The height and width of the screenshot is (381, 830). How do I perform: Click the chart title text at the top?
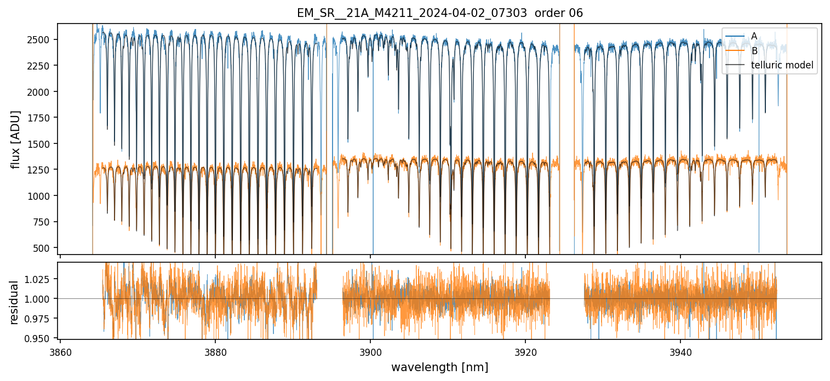(439, 13)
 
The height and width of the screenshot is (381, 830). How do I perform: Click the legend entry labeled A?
(754, 36)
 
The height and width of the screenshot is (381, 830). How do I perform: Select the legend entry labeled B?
(754, 51)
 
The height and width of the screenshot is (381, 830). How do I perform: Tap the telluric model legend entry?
(782, 65)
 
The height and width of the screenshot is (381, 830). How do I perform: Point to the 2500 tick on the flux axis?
(42, 40)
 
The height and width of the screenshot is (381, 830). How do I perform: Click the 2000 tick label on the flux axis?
(42, 92)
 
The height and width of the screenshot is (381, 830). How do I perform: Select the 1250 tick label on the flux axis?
(42, 170)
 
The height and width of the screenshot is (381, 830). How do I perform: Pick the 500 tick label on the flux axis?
(44, 248)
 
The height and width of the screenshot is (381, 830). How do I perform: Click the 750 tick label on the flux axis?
(44, 222)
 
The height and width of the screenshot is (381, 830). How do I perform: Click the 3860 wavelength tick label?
(60, 350)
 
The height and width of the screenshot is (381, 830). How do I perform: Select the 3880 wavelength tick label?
(215, 350)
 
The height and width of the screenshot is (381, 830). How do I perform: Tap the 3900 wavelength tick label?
(370, 350)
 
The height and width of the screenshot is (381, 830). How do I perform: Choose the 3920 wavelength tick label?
(525, 350)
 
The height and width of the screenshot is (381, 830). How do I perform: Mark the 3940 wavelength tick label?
(680, 350)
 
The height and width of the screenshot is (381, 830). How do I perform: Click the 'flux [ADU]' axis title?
(15, 139)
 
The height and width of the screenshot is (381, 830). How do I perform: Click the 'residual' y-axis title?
(15, 302)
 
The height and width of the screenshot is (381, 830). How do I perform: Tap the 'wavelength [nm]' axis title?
(439, 367)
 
